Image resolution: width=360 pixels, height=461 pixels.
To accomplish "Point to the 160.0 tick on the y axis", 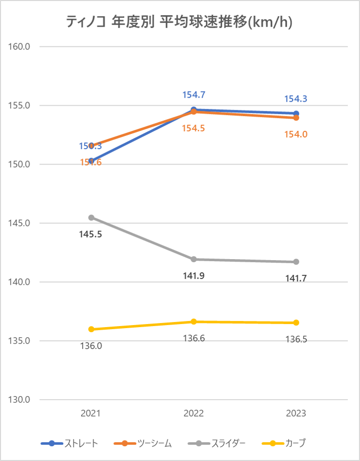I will (20, 47).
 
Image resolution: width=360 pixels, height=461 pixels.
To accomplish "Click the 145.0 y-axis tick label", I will (20, 223).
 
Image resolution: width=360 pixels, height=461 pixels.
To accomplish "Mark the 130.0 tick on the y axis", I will (20, 400).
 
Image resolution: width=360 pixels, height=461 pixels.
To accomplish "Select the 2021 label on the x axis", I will (91, 413).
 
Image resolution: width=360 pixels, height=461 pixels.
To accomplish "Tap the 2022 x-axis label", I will (194, 413).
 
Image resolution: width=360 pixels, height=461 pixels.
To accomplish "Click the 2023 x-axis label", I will (296, 413).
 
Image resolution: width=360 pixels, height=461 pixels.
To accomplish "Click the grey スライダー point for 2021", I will (91, 218).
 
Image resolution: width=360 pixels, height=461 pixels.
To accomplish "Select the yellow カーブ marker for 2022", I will (194, 321).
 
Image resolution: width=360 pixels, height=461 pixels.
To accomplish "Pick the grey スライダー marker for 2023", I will (296, 262).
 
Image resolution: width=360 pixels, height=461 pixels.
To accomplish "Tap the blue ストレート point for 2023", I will (296, 113).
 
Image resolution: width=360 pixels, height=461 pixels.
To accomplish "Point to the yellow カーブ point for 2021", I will (91, 329).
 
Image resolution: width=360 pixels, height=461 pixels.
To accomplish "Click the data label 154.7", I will (194, 95).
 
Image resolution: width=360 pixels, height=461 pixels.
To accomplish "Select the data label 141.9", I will (194, 276).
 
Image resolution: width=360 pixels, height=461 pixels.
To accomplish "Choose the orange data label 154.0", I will (296, 134).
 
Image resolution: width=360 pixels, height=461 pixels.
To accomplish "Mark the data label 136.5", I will (296, 339).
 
